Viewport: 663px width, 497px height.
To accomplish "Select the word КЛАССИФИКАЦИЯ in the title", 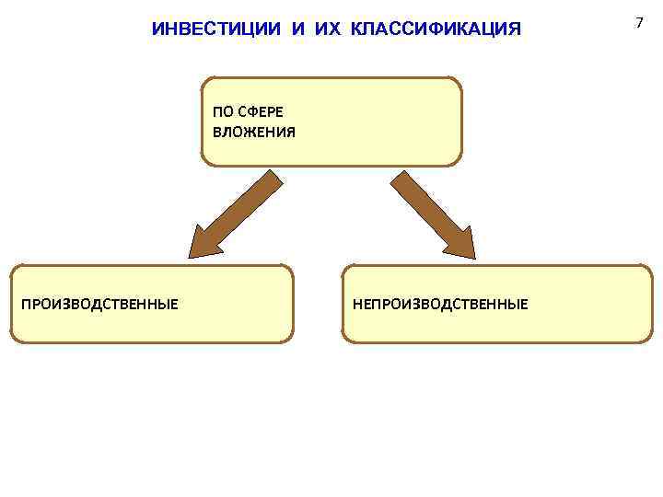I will click(435, 29).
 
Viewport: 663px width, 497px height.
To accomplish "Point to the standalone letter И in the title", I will click(297, 29).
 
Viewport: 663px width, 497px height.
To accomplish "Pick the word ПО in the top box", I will click(222, 112).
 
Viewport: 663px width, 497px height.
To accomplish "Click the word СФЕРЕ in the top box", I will click(261, 112).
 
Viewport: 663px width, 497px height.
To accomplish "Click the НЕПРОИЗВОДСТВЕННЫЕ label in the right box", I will click(439, 304).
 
